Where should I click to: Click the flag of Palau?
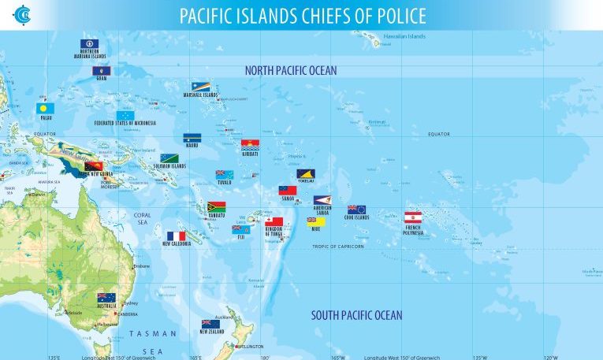tap(44, 108)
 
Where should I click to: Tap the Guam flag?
tap(101, 71)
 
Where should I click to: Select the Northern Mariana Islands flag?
tap(89, 44)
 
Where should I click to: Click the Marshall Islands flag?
tap(199, 86)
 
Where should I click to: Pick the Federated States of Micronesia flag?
tap(125, 115)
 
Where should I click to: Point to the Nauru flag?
tap(192, 137)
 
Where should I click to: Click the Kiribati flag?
tap(251, 144)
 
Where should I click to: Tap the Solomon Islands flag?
tap(169, 158)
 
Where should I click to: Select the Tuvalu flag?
tap(225, 174)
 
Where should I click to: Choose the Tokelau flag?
tap(306, 173)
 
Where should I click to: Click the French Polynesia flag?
tap(413, 217)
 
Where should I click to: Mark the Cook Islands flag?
tap(356, 210)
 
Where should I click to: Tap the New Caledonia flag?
tap(177, 236)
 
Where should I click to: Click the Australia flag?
tap(106, 298)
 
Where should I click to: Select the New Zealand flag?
tap(210, 323)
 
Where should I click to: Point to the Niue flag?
tap(316, 221)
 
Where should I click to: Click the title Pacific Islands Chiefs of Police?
tap(303, 16)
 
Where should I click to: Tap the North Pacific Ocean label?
tap(290, 71)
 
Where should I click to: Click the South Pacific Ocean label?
tap(356, 316)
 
